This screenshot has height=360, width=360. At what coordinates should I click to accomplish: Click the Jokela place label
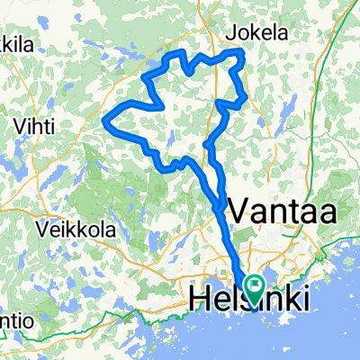[258, 32]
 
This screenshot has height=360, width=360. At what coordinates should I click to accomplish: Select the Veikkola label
[76, 229]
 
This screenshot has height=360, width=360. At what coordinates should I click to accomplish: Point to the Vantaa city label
[283, 212]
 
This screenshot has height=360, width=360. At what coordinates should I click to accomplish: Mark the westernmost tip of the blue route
[107, 120]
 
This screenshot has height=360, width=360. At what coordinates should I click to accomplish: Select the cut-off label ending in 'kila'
[14, 42]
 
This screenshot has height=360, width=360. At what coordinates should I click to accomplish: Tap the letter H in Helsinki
[200, 297]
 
